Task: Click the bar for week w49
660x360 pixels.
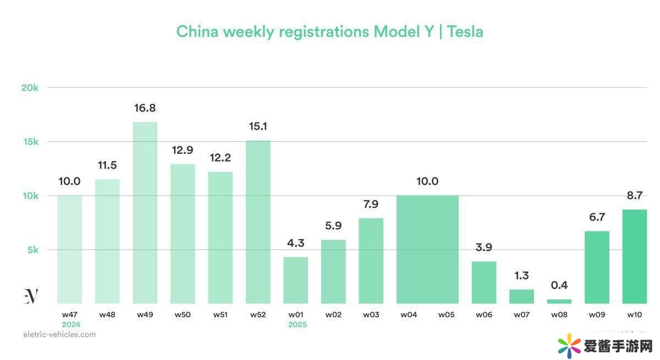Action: tap(145, 213)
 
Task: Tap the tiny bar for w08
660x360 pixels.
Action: tap(559, 301)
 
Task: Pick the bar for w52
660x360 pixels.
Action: tap(258, 222)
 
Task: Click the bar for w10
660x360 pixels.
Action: tap(634, 257)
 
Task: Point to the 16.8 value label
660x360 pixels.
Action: tap(145, 108)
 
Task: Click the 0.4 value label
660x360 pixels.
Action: tap(559, 285)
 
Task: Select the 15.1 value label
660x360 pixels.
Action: tap(258, 126)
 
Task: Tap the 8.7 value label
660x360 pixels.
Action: tap(634, 195)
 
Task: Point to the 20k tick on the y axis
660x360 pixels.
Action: tap(30, 88)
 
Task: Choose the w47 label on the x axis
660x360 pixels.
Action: tap(70, 315)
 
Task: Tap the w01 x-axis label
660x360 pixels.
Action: tap(296, 315)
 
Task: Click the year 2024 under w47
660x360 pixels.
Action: tap(71, 325)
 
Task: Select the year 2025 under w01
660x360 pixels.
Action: tap(298, 325)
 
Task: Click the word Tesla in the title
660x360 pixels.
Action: tap(465, 31)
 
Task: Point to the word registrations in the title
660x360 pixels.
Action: tap(323, 31)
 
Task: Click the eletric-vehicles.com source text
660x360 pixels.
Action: tap(59, 334)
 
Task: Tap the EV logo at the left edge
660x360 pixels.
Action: tap(31, 296)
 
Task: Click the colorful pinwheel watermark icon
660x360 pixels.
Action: tap(569, 345)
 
